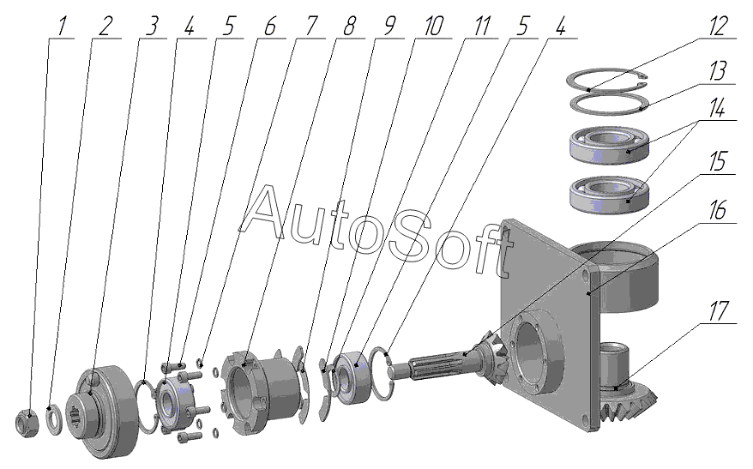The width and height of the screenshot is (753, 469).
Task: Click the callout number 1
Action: pos(62,26)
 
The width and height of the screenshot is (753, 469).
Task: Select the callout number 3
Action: pos(153,26)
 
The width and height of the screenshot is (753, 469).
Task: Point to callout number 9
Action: pos(390,26)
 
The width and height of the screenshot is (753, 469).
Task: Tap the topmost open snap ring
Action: pos(611,82)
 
